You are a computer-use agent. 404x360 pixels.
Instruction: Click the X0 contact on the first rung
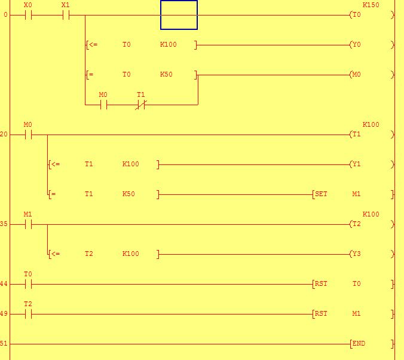point(28,15)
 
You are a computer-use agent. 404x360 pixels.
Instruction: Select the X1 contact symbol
point(66,15)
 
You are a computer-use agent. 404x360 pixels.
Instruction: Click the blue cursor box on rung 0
point(179,15)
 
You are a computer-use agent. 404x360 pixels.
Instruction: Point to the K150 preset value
point(371,5)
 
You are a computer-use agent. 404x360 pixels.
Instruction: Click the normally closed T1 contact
point(140,105)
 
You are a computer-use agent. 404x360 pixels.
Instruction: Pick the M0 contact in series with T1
point(103,105)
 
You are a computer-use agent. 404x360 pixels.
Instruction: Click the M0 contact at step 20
point(28,135)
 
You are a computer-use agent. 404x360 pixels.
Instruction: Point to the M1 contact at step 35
point(28,224)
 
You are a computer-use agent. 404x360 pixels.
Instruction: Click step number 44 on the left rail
point(4,284)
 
